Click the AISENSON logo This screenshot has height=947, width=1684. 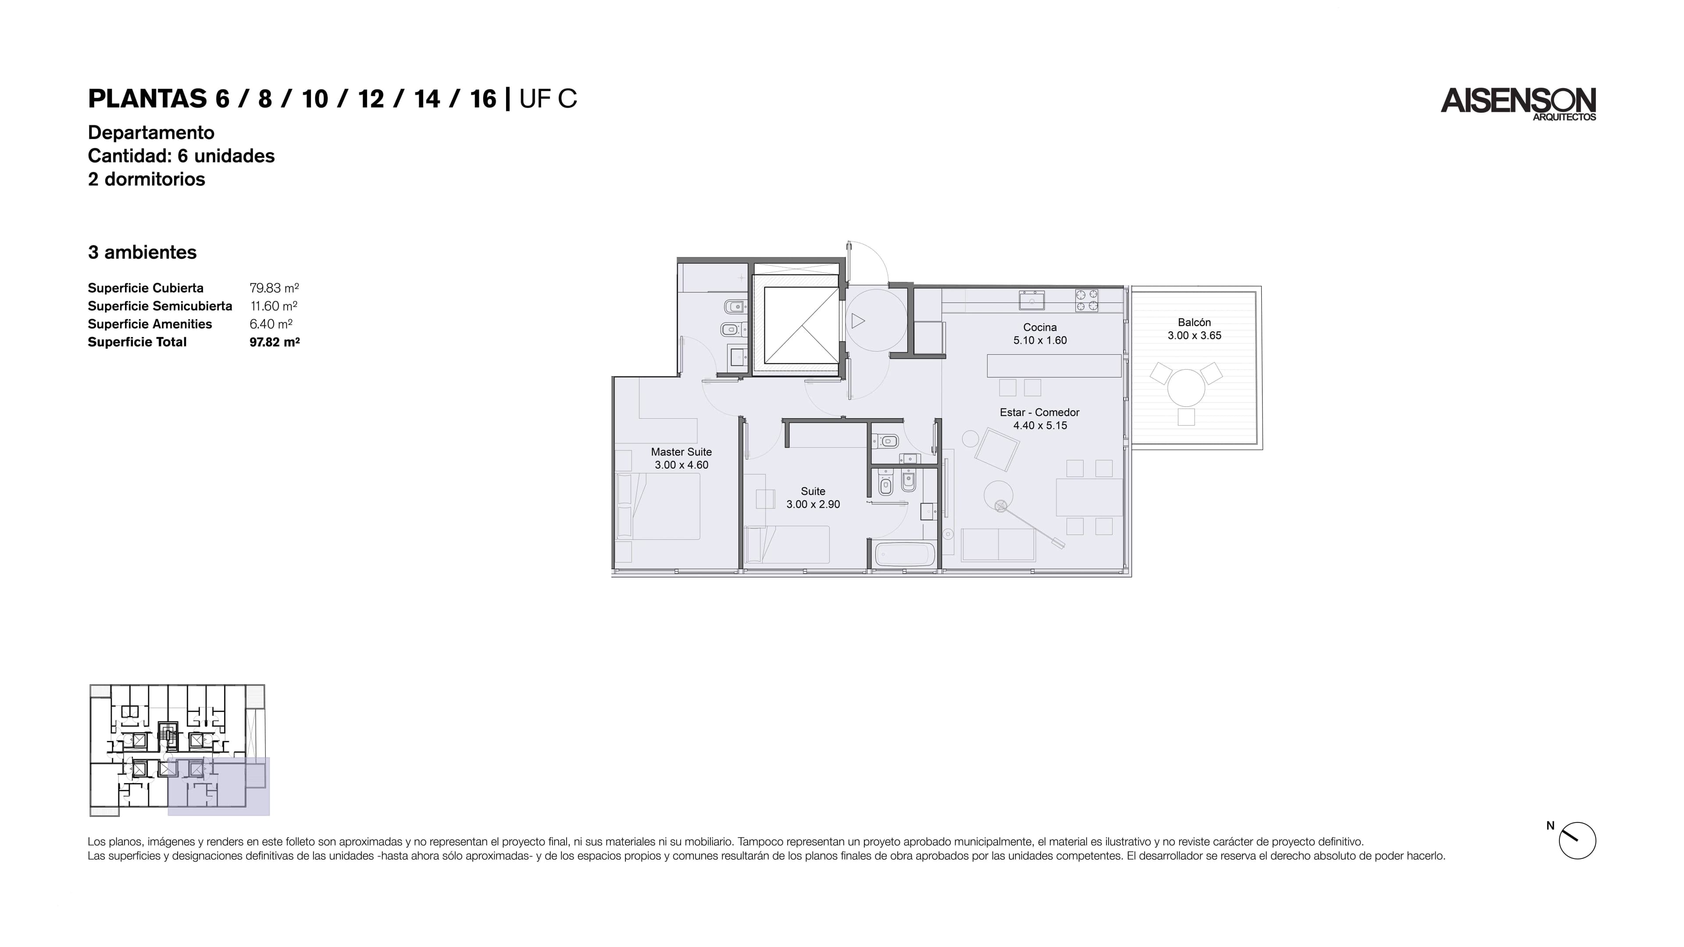(1518, 104)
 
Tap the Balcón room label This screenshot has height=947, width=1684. (1194, 322)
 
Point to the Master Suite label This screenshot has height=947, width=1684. (681, 452)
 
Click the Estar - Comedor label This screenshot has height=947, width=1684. (1039, 413)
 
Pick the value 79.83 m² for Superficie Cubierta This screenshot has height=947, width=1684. (274, 288)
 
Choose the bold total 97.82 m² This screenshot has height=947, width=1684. (275, 342)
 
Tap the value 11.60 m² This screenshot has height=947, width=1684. (274, 306)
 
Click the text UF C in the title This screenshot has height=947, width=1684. (548, 99)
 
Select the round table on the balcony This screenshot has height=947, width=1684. (1186, 388)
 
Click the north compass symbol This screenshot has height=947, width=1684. (1577, 840)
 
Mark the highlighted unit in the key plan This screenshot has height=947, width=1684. (218, 786)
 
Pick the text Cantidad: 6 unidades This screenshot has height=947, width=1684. (181, 156)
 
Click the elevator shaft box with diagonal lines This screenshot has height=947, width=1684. (802, 325)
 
